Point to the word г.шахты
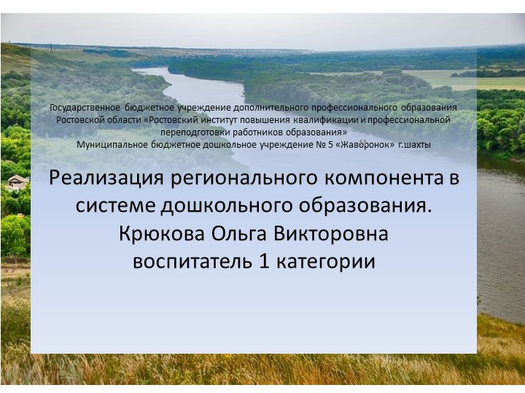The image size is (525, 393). (415, 144)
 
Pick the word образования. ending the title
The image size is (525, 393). (373, 205)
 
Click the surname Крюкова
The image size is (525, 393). (160, 234)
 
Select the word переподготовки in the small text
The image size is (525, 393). (195, 132)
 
